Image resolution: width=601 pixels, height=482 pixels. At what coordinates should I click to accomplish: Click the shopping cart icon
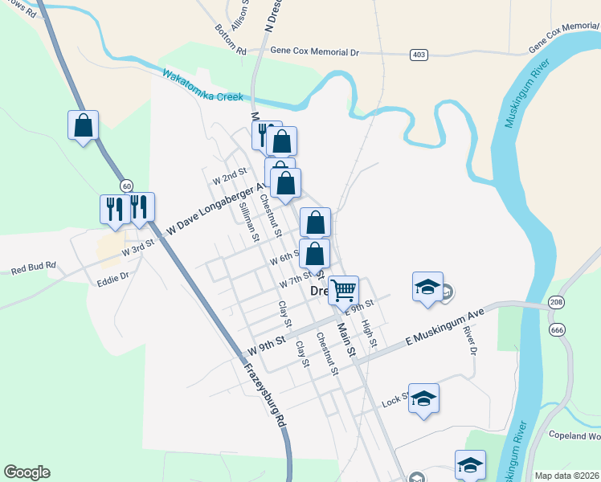[344, 289]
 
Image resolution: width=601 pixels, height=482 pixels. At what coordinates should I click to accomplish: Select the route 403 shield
[418, 54]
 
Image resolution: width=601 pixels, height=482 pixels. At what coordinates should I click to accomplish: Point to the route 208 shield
[556, 302]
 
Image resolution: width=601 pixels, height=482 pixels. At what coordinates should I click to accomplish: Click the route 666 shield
[556, 329]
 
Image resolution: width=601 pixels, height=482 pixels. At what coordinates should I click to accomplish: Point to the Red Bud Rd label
[33, 267]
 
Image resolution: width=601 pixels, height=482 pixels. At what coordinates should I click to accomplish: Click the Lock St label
[395, 400]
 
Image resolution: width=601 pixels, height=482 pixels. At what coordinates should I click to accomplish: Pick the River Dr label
[472, 341]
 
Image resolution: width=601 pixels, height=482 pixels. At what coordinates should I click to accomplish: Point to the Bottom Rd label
[231, 39]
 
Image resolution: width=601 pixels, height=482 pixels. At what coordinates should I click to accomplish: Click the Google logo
[27, 472]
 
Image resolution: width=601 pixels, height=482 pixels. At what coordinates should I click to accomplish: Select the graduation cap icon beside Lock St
[423, 398]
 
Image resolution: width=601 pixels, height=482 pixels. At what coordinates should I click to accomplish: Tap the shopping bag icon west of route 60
[83, 125]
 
